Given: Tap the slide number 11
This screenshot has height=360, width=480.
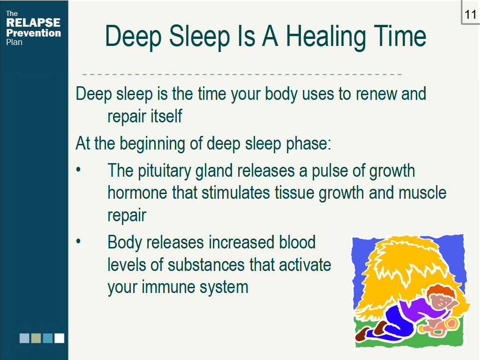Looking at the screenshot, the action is pyautogui.click(x=470, y=15).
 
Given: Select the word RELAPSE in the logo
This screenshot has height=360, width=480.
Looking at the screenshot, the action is pyautogui.click(x=33, y=22).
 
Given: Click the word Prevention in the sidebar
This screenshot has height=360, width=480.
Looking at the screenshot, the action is pyautogui.click(x=34, y=33).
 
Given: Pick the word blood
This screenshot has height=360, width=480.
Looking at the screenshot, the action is pyautogui.click(x=297, y=242).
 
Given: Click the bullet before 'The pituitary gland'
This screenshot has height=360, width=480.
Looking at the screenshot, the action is pyautogui.click(x=78, y=170).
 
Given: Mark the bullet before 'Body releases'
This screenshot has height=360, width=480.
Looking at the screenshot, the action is pyautogui.click(x=78, y=241).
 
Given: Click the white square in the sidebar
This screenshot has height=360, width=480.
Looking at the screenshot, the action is pyautogui.click(x=60, y=338).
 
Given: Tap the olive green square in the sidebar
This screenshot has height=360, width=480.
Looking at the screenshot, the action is pyautogui.click(x=36, y=338).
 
